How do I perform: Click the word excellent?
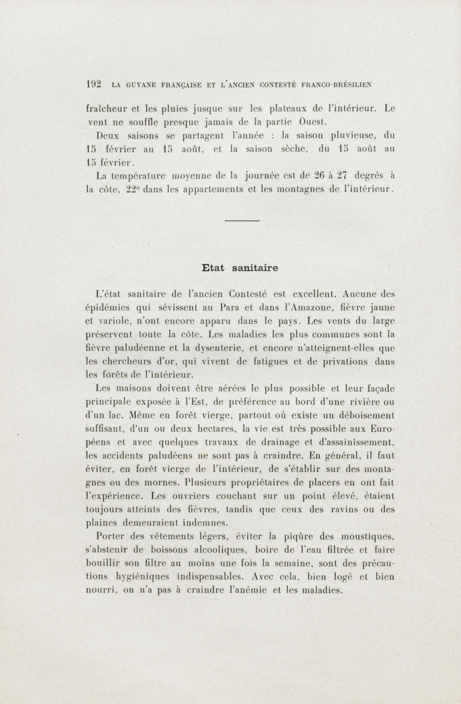tap(314, 294)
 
